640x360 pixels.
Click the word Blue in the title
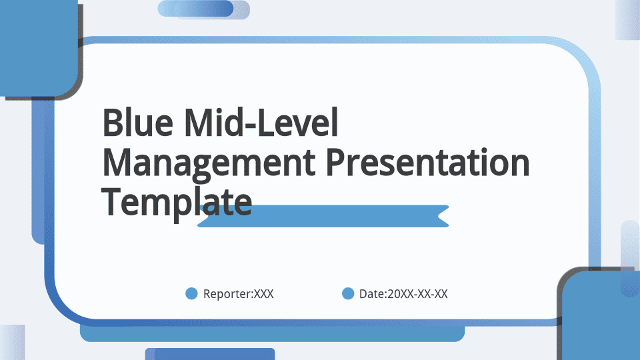(137, 122)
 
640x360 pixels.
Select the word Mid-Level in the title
(261, 122)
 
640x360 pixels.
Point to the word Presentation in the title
(427, 162)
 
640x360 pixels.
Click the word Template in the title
(176, 203)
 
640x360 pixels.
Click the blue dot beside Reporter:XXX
(191, 293)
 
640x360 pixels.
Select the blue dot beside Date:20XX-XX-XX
(348, 293)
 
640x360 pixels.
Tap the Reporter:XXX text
(239, 294)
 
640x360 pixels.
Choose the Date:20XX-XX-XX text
(403, 294)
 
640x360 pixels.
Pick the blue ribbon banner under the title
(323, 216)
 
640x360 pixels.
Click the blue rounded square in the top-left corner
(39, 48)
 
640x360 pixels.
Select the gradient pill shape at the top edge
(204, 9)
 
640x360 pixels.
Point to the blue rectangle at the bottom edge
(210, 354)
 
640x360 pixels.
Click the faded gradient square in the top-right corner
(627, 20)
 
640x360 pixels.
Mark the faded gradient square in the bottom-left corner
(12, 343)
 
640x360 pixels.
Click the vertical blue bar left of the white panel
(39, 171)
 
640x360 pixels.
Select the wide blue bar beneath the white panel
(272, 333)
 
